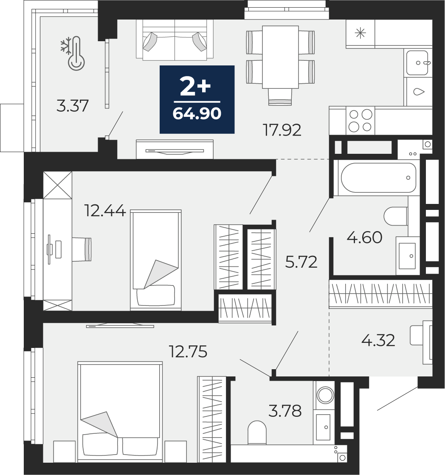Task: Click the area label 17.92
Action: tap(282, 130)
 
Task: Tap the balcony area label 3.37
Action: tap(73, 106)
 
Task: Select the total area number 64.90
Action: tap(197, 114)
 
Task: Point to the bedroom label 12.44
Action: tap(105, 211)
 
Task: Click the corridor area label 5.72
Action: tap(301, 262)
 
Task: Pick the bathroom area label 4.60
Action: tap(364, 237)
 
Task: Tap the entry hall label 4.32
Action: tap(378, 340)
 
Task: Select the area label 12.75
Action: tap(188, 352)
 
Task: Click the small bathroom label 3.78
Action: tap(285, 411)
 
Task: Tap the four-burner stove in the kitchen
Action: tap(360, 120)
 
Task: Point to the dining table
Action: tap(280, 57)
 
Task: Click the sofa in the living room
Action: tap(175, 40)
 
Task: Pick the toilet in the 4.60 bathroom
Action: tap(396, 216)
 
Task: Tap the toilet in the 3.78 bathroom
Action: tap(257, 433)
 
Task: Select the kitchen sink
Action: tap(417, 63)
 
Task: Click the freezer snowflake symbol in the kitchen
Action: tap(361, 33)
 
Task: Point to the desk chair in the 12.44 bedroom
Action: tap(82, 249)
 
